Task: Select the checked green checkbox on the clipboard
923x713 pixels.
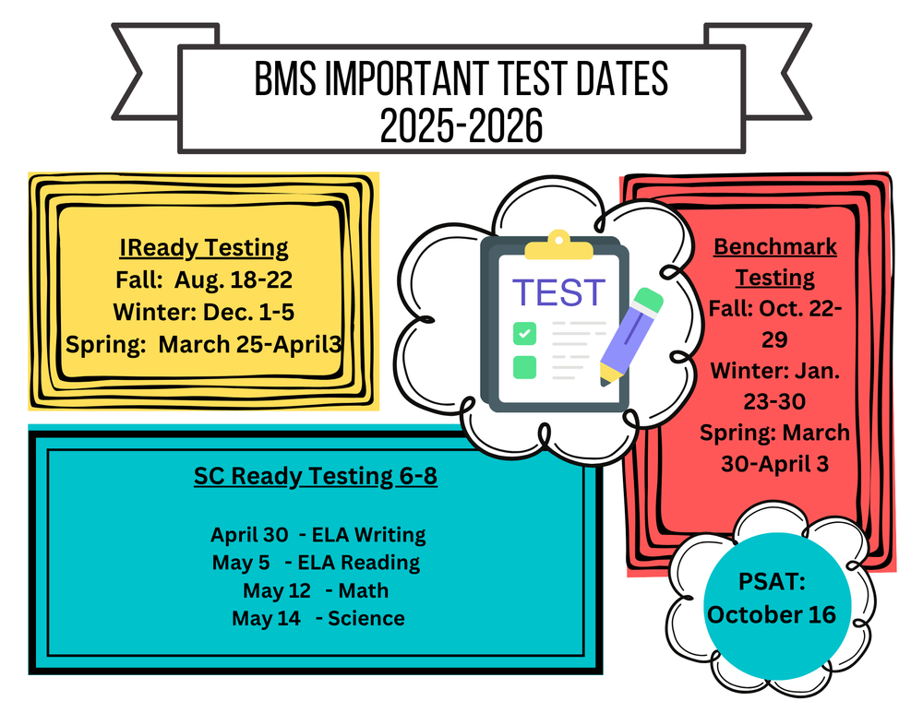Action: point(524,331)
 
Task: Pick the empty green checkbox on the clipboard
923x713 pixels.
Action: point(524,366)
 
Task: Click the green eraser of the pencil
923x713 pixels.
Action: point(649,302)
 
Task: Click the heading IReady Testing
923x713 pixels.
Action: point(203,248)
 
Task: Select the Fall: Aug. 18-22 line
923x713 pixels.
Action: point(203,279)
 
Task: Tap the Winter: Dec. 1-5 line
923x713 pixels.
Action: point(203,312)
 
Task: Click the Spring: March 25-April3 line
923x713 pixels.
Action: point(203,344)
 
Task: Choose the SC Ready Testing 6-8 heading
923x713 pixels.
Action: point(316,476)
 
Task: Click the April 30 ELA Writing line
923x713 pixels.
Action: point(318,534)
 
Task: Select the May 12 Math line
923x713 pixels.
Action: point(316,590)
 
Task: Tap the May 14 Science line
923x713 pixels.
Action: point(318,618)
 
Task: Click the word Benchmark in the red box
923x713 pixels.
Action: point(775,247)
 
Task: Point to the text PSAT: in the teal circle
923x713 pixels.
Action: point(772,583)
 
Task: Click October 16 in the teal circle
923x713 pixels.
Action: point(772,614)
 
